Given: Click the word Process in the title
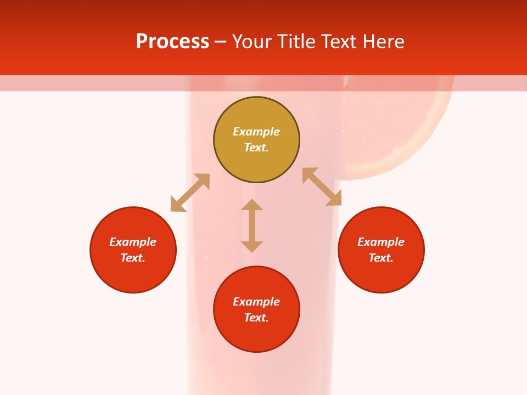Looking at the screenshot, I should coord(172,42).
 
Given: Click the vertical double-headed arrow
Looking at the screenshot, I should coord(252,225).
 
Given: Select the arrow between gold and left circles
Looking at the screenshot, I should coord(190,193).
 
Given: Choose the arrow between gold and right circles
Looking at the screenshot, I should coord(322,187).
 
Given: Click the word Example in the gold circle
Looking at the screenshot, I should coord(256,132).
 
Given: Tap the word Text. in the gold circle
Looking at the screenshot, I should coord(256,148).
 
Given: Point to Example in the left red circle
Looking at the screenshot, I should coord(133,242).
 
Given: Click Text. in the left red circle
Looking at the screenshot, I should coord(133,258).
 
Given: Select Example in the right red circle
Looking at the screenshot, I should coord(381,242).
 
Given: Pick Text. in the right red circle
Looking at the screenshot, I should coord(381,258).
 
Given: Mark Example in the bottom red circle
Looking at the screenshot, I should coord(256,302).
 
